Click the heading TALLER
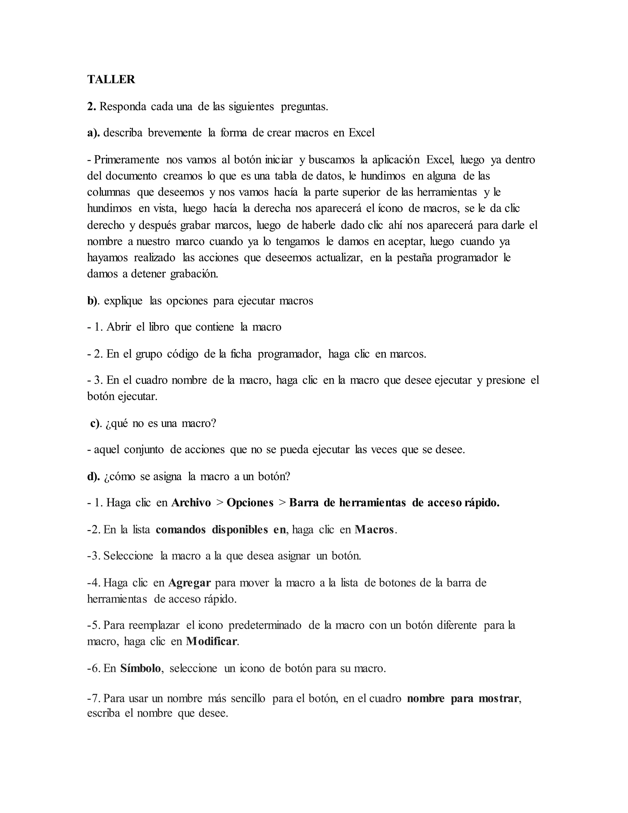pos(111,79)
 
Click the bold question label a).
pos(94,133)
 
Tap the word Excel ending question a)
pos(361,133)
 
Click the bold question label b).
pos(93,301)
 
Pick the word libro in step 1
pos(159,327)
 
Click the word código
pos(183,354)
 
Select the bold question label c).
pos(96,424)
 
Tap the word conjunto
pos(144,450)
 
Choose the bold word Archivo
pos(191,503)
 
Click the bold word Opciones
pos(250,503)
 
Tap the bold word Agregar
pos(190,583)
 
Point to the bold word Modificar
pos(211,642)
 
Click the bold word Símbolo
pos(140,669)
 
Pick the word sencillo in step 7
pos(248,698)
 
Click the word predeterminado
pos(265,625)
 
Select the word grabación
pos(194,274)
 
